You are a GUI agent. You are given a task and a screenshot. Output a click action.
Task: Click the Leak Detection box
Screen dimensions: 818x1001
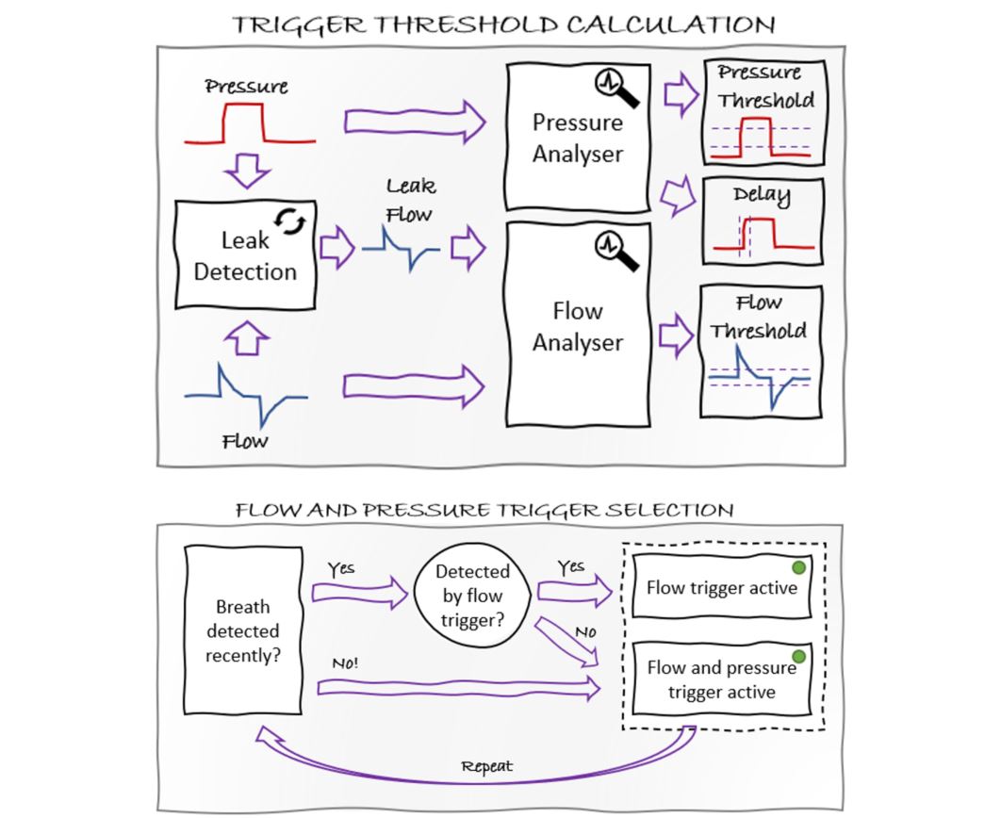(246, 254)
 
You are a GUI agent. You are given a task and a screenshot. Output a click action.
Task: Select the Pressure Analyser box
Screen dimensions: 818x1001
(577, 138)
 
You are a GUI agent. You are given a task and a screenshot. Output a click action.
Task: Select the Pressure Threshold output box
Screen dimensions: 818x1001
(764, 114)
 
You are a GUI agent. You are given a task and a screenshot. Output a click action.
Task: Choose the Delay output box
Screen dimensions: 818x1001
(764, 223)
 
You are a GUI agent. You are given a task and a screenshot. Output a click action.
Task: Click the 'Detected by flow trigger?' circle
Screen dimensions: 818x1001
(472, 595)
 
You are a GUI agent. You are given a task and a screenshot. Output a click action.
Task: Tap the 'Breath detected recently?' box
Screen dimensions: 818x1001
(242, 630)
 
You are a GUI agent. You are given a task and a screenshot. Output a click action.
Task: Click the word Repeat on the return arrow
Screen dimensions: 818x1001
(487, 767)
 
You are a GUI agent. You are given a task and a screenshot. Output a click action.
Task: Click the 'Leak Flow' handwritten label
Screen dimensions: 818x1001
(410, 201)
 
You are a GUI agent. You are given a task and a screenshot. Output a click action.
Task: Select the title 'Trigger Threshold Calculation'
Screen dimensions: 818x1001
(504, 25)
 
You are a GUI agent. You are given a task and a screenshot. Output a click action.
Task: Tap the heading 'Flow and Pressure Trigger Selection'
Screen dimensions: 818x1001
(484, 511)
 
